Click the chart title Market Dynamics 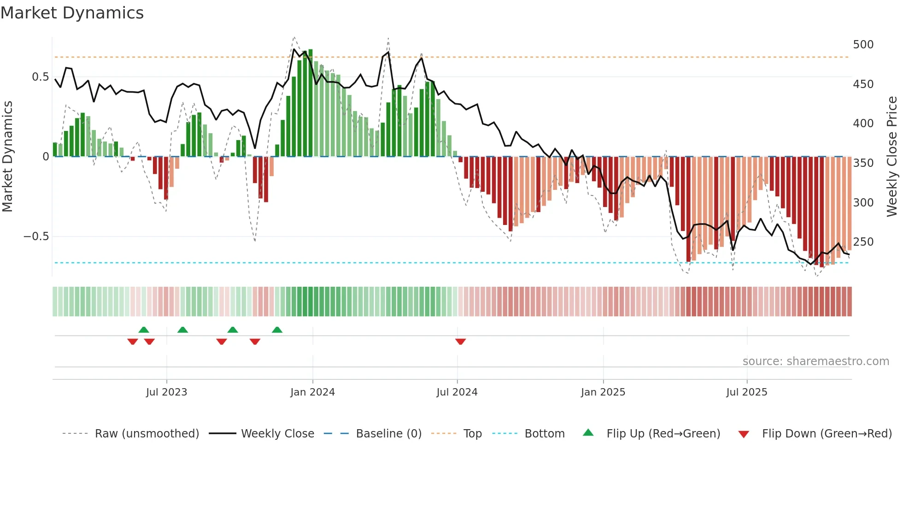pos(72,13)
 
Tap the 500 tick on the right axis pos(863,45)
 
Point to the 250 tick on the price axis pos(863,242)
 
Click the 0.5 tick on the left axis pos(40,77)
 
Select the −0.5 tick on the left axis pos(36,236)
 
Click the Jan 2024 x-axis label pos(312,392)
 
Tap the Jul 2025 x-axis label pos(746,392)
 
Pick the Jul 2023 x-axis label pos(166,392)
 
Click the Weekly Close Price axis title pos(892,157)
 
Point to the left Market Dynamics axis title pos(7,157)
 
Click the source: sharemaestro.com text pos(815,361)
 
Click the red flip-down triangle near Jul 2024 pos(460,342)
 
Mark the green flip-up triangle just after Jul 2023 pos(182,330)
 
